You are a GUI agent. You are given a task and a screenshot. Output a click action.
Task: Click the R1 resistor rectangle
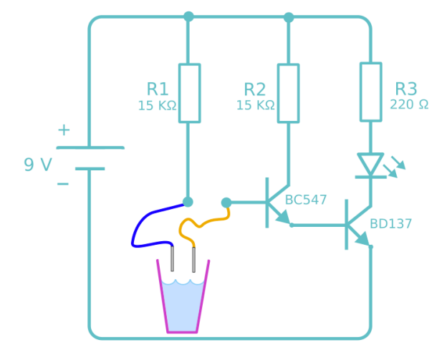pyautogui.click(x=188, y=93)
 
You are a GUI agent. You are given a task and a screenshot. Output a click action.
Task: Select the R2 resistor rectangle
pyautogui.click(x=288, y=93)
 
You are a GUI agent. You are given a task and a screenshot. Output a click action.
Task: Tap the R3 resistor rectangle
pyautogui.click(x=370, y=92)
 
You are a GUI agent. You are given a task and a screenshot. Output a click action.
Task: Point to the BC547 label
pyautogui.click(x=305, y=200)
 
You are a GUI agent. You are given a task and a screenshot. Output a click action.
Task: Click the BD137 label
pyautogui.click(x=390, y=224)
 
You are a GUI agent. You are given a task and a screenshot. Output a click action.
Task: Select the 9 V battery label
pyautogui.click(x=38, y=165)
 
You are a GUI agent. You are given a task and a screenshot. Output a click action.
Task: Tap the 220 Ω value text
pyautogui.click(x=409, y=104)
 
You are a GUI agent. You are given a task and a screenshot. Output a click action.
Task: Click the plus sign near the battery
pyautogui.click(x=64, y=130)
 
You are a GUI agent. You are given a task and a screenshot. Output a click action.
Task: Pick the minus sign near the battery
pyautogui.click(x=63, y=184)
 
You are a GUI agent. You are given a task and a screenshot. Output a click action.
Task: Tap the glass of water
pyautogui.click(x=183, y=304)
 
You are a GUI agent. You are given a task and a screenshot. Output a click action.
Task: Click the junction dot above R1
pyautogui.click(x=188, y=16)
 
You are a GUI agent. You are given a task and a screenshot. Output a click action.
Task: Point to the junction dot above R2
pyautogui.click(x=288, y=16)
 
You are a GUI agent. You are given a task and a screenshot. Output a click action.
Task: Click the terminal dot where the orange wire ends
pyautogui.click(x=226, y=203)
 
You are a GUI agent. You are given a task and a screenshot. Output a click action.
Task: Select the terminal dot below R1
pyautogui.click(x=188, y=202)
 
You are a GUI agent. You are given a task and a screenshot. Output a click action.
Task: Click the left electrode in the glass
pyautogui.click(x=172, y=258)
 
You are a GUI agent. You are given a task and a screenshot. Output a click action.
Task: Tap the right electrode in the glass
pyautogui.click(x=194, y=258)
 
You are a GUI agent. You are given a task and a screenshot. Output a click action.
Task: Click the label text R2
pyautogui.click(x=254, y=89)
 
